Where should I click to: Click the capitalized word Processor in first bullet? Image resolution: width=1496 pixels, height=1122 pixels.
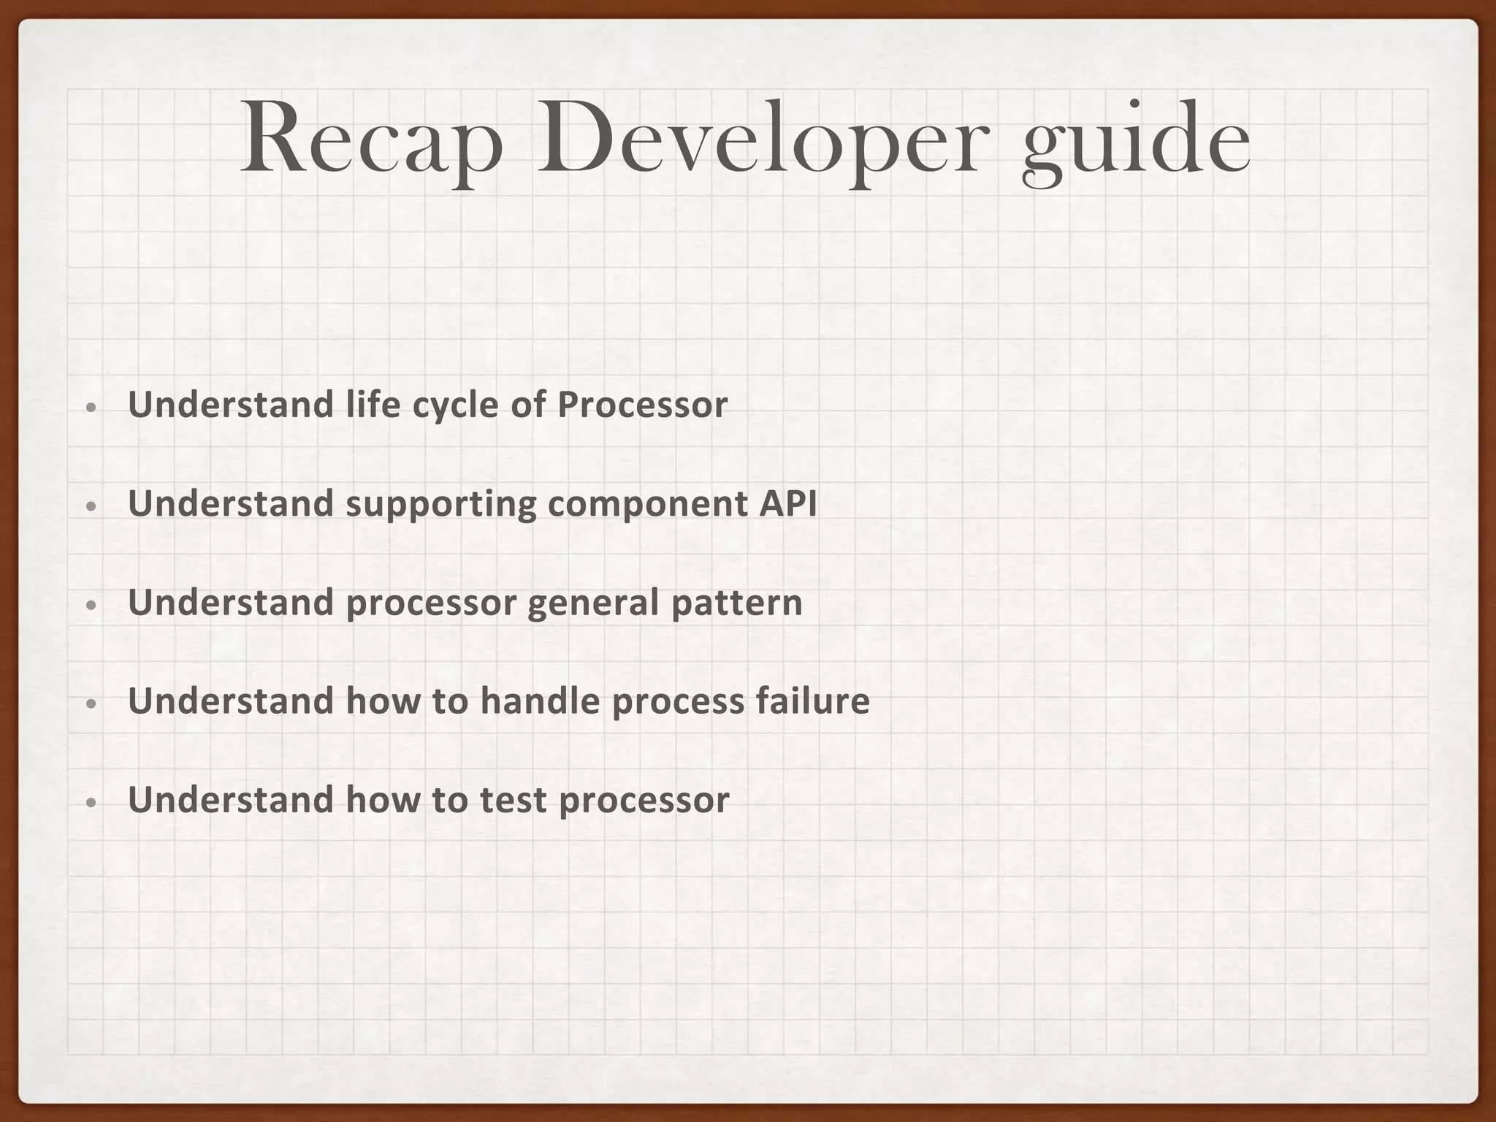(642, 405)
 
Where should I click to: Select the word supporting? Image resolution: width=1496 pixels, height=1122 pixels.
(440, 505)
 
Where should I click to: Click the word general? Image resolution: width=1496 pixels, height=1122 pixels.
(592, 603)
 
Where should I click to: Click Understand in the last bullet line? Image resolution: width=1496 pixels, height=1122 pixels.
(231, 800)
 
